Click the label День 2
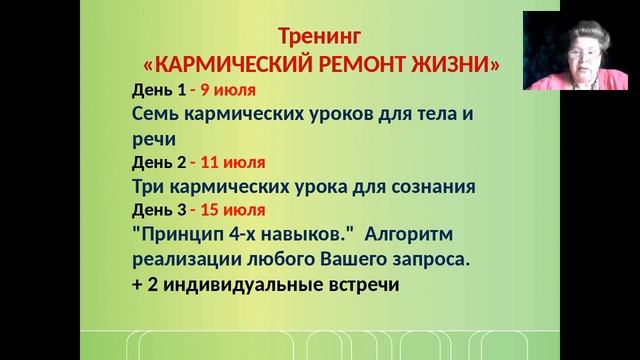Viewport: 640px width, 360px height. point(158,162)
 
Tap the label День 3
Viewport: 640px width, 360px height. point(158,210)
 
